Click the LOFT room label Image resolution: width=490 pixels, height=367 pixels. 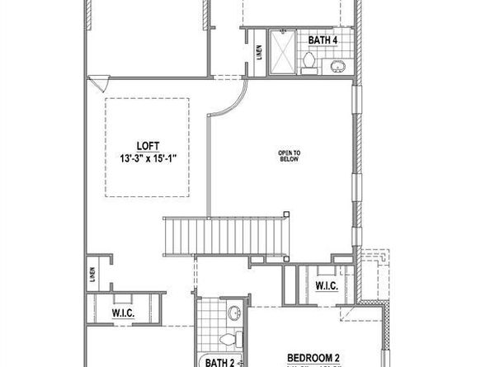point(148,141)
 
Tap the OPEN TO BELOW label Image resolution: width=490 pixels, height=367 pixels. point(289,155)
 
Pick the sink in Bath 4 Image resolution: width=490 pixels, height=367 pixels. point(339,65)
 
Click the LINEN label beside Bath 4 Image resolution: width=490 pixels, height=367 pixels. point(260,52)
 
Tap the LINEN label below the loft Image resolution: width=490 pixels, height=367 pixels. point(92,275)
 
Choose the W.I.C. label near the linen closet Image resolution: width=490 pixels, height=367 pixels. point(123,314)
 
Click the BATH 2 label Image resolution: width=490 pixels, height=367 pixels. point(220,361)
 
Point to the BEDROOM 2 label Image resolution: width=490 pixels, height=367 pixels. point(313,357)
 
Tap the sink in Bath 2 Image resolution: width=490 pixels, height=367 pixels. point(233,313)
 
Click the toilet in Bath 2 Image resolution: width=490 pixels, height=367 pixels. point(230,339)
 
